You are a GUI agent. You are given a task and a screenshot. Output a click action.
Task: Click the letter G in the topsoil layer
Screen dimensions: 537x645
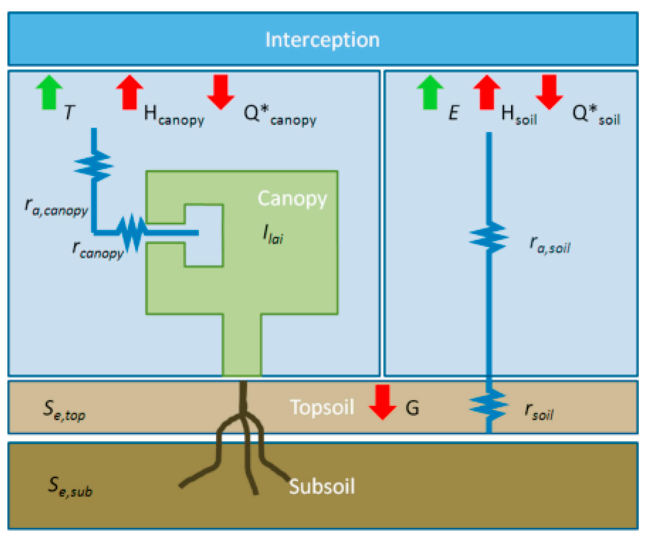(x=412, y=408)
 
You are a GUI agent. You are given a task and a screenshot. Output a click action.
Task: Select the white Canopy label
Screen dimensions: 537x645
(x=292, y=199)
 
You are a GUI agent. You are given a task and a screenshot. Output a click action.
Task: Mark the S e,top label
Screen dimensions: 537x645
(x=64, y=410)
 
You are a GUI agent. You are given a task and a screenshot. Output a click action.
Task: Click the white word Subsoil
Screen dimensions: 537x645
(x=322, y=486)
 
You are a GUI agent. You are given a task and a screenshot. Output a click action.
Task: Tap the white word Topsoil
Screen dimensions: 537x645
(x=322, y=407)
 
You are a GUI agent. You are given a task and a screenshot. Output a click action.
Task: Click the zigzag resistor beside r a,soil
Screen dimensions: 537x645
(x=488, y=238)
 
